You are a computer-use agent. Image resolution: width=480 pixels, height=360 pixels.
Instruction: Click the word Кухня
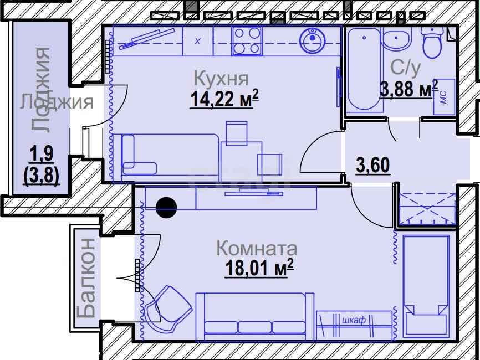(221, 78)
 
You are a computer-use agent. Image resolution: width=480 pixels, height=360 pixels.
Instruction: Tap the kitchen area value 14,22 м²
(224, 99)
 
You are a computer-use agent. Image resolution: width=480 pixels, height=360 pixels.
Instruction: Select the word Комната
(257, 248)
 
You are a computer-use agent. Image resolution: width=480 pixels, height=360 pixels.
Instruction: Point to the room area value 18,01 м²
(259, 268)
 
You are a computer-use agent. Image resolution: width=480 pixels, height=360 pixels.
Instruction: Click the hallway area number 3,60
(373, 165)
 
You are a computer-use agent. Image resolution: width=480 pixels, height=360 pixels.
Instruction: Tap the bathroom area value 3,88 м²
(409, 89)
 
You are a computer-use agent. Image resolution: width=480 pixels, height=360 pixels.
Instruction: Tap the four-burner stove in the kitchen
(247, 41)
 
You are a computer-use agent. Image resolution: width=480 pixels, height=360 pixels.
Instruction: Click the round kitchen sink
(312, 40)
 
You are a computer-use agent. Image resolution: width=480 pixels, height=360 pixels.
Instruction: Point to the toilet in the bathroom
(432, 42)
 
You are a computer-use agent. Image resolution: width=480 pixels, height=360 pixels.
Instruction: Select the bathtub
(364, 69)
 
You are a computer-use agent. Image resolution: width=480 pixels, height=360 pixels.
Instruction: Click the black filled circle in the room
(166, 207)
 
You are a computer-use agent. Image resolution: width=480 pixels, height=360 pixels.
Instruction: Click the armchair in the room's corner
(168, 308)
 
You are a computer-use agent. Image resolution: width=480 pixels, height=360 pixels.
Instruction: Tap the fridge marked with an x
(198, 41)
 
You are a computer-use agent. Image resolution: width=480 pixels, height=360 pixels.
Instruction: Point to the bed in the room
(426, 285)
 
